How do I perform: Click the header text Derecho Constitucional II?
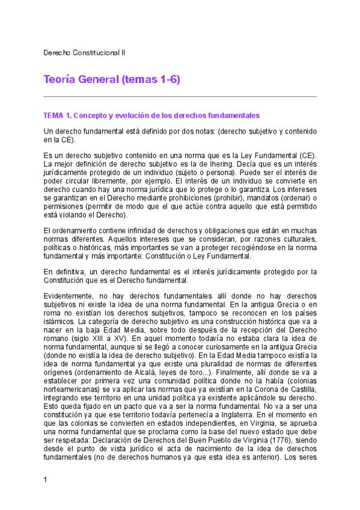click(x=84, y=53)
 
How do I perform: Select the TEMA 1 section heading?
click(x=151, y=115)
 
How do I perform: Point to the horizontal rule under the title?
click(x=180, y=96)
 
